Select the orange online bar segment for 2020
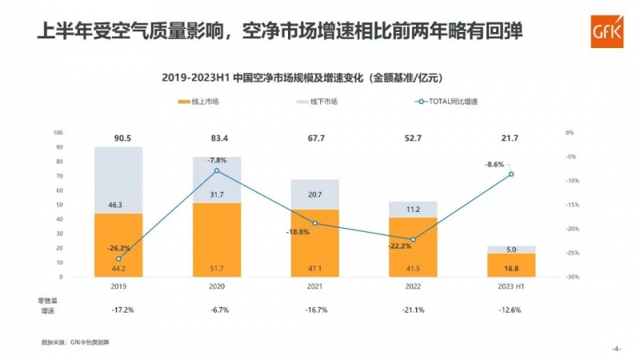click(216, 240)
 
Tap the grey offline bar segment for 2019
click(118, 180)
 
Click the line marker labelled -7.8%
click(217, 170)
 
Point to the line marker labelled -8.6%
click(511, 174)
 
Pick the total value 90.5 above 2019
click(118, 138)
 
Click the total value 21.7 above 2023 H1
click(510, 138)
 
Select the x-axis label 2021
click(314, 285)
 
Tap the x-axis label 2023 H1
click(510, 285)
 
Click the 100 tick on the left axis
click(58, 133)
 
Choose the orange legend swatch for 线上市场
click(185, 102)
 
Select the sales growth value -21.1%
click(412, 309)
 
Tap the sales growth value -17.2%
click(118, 309)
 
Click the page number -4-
click(616, 349)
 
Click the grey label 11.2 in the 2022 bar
click(412, 209)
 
